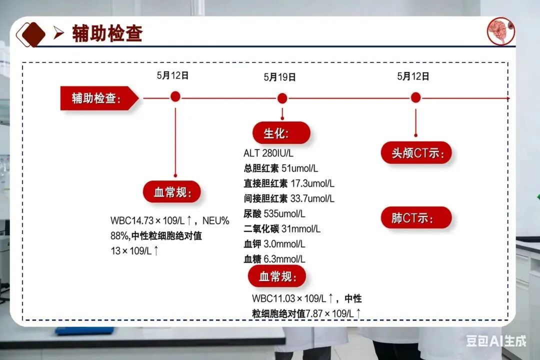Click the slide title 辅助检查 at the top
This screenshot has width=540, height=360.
[x=107, y=33]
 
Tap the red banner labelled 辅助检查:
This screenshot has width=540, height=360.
[x=97, y=98]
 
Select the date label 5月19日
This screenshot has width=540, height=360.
[x=280, y=77]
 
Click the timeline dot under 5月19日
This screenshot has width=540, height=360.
[x=282, y=98]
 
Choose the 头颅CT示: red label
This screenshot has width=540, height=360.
[x=416, y=152]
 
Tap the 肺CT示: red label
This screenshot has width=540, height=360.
[x=416, y=218]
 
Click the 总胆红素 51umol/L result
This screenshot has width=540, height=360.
[x=280, y=168]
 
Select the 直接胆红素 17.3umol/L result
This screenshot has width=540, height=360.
[x=289, y=183]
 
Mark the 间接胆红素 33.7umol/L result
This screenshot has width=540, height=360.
[x=289, y=198]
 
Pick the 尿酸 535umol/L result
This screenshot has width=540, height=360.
[x=274, y=214]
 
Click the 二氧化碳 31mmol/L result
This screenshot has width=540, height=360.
[x=282, y=229]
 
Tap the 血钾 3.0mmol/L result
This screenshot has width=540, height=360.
[x=274, y=244]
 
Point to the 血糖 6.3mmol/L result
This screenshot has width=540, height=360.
[x=274, y=259]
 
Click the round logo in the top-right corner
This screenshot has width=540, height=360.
[x=500, y=31]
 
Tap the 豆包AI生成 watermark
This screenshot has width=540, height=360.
[x=496, y=341]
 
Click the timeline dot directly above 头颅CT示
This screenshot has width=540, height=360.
[x=415, y=98]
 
